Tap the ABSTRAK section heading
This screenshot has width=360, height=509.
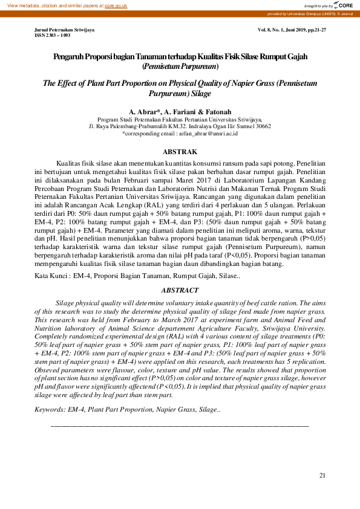180,152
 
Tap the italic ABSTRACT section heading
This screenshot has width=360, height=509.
180,290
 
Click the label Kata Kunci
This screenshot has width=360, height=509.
51,276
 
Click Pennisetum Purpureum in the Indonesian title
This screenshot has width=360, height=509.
180,65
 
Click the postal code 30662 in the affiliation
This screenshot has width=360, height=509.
263,127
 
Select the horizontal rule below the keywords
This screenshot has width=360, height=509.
180,426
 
